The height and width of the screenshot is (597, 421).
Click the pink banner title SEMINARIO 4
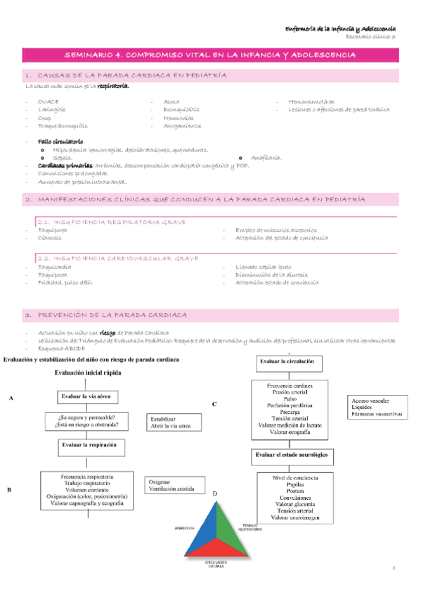coord(210,54)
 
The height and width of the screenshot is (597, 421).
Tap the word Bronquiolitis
coord(181,110)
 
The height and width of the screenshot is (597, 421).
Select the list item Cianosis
coord(49,238)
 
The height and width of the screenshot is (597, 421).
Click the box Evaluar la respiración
coord(88,445)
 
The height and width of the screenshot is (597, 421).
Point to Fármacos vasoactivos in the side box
coord(376,414)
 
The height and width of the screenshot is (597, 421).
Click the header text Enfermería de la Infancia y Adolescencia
coord(343,26)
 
